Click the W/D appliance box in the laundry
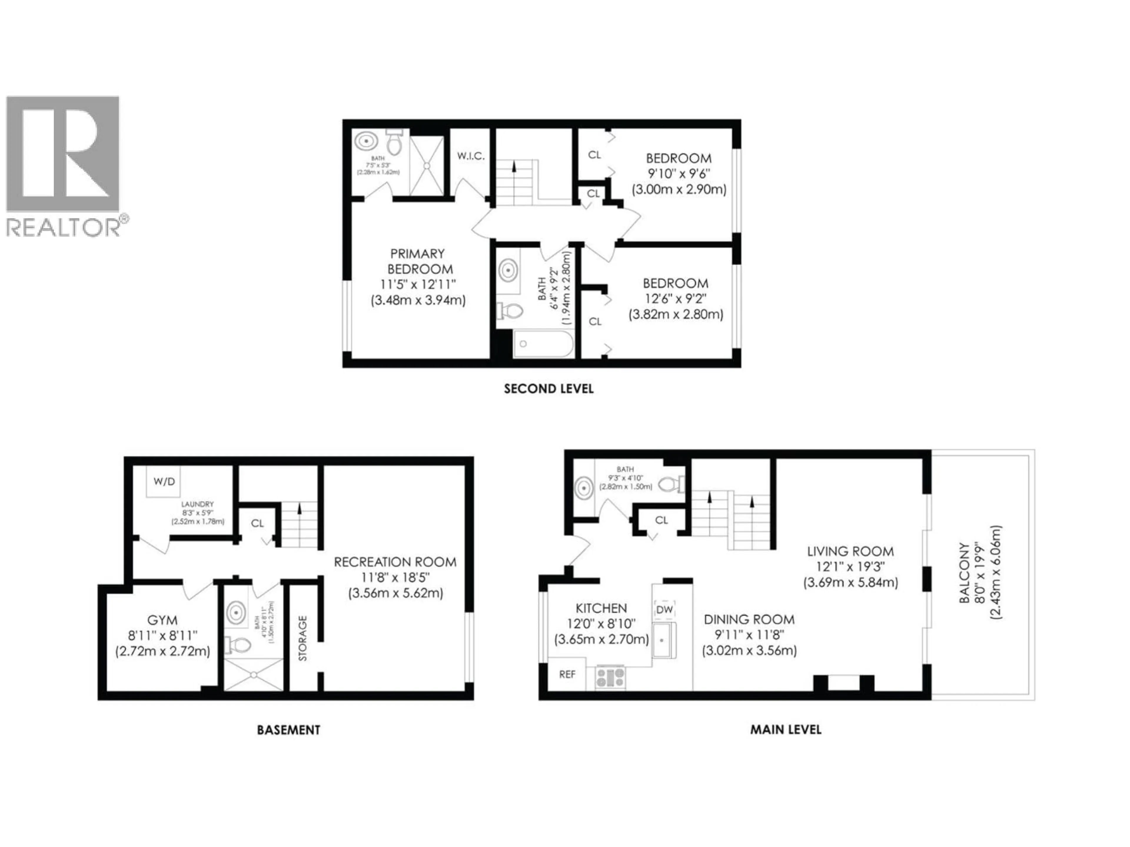164,481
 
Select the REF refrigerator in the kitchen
567,674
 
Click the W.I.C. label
471,156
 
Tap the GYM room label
162,620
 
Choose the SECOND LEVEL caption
549,389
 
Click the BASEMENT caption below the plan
288,730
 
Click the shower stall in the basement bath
253,675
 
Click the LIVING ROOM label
850,551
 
